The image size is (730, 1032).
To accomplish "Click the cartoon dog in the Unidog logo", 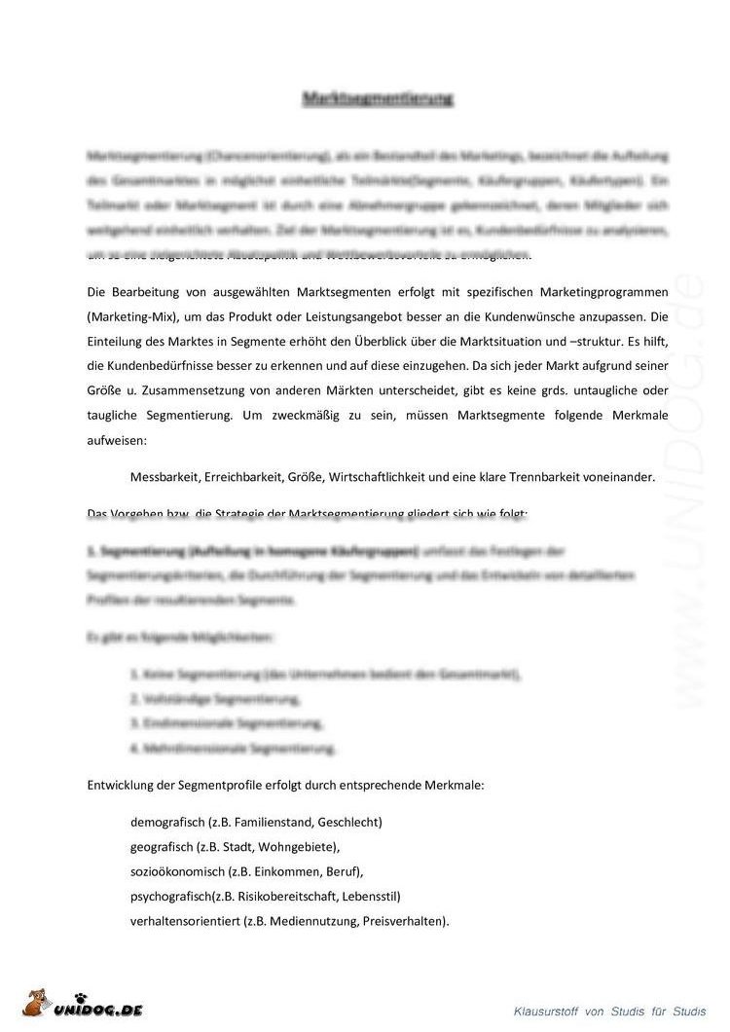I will [38, 1004].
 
